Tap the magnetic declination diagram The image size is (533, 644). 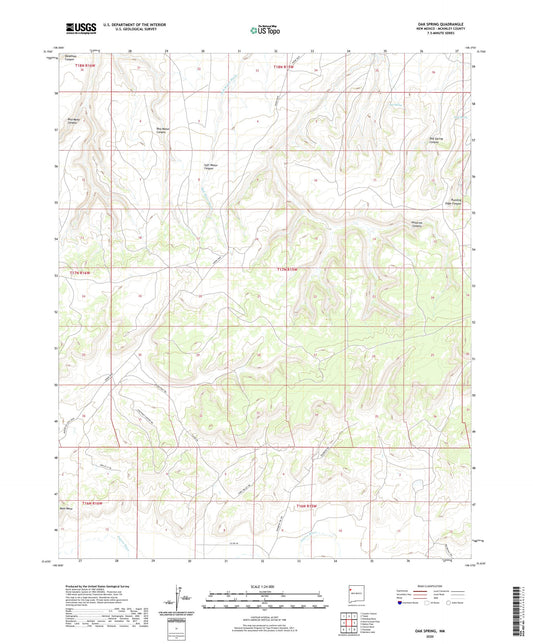pos(179,600)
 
